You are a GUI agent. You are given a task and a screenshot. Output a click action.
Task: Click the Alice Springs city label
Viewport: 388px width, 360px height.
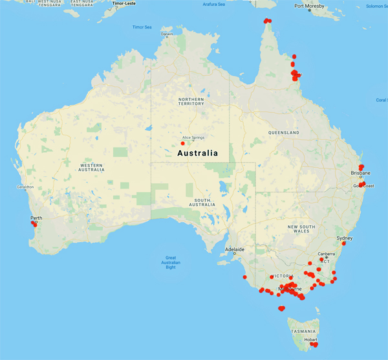(193, 138)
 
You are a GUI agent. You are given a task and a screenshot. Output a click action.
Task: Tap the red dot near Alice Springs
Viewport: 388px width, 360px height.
(183, 143)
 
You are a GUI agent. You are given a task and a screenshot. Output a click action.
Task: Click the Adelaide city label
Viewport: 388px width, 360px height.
(234, 249)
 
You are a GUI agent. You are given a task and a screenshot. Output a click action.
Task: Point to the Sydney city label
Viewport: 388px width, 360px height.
(345, 238)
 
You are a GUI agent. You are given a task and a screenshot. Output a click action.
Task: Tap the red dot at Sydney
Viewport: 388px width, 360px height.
(343, 243)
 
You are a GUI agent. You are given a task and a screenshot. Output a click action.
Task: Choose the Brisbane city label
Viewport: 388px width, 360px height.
(360, 174)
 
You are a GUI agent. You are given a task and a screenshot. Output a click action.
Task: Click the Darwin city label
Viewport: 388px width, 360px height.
(167, 34)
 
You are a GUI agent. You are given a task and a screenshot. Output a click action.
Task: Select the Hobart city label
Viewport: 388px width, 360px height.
(311, 339)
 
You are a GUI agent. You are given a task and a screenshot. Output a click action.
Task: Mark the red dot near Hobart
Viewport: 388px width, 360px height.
(315, 344)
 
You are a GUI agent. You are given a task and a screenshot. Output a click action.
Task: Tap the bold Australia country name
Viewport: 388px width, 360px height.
(197, 153)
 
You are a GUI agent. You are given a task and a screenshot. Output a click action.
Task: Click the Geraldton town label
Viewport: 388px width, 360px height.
(16, 187)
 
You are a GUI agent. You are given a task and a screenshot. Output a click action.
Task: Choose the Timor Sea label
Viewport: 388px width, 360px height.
(142, 27)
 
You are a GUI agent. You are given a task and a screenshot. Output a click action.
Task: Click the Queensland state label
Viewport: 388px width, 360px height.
(285, 133)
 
